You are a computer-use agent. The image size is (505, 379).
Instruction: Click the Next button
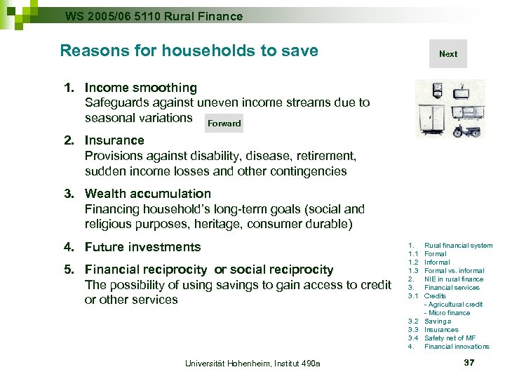coord(447,54)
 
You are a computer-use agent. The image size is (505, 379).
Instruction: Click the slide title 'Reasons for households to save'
coord(189,51)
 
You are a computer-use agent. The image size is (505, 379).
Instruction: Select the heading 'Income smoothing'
coord(140,88)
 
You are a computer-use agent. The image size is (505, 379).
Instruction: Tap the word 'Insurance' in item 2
coord(114,140)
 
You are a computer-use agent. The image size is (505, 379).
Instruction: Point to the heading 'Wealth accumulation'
coord(147,194)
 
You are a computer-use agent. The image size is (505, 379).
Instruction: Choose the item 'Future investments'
coord(142,247)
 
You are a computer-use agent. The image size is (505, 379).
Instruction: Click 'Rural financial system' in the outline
coord(458,246)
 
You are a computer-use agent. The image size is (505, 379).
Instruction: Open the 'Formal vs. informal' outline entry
coord(454,271)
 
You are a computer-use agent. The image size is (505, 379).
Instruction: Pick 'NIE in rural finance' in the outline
coord(454,279)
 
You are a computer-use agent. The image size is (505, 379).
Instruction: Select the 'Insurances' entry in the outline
coord(441,330)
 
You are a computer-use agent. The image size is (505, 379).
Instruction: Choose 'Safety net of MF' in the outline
coord(450,338)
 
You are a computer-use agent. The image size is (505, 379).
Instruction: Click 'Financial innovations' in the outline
coord(457,347)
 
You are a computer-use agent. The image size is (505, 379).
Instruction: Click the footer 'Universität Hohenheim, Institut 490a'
coord(252,363)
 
